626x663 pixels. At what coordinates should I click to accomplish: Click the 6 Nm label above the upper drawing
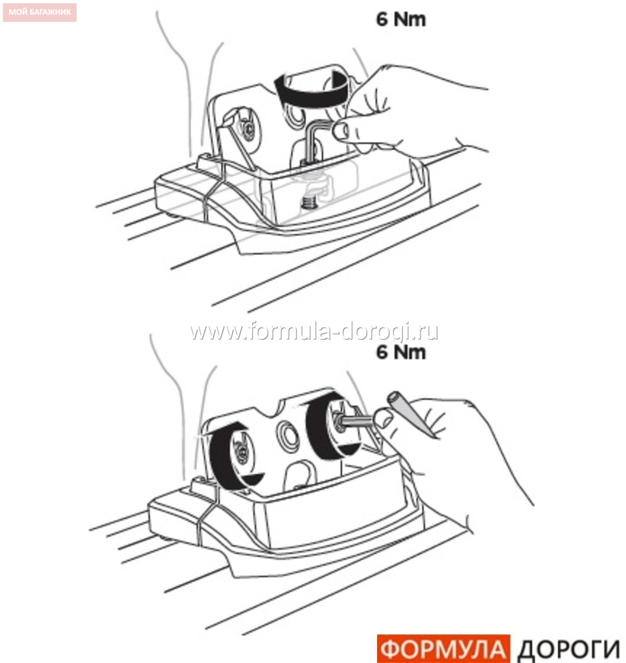click(400, 19)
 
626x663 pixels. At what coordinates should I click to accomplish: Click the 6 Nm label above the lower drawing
click(400, 352)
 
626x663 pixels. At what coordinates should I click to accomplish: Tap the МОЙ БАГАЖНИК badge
click(40, 12)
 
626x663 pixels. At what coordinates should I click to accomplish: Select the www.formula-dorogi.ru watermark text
click(314, 331)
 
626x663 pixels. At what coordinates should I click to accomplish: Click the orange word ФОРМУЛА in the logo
click(443, 649)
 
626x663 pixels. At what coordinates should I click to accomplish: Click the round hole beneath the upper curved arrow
click(295, 115)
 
